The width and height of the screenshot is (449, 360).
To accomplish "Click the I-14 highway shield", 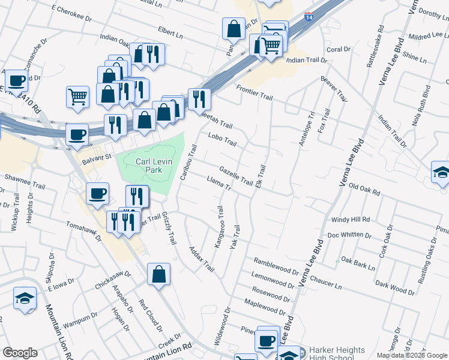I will click(309, 17).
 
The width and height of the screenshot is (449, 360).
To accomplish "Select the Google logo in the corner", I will click(20, 353).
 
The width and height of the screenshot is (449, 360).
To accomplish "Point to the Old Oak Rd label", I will click(365, 190).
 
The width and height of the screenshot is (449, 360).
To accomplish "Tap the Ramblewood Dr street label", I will click(276, 265).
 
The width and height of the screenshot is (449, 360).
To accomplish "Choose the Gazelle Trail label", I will click(236, 176).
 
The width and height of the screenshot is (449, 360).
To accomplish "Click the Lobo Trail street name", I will click(222, 142).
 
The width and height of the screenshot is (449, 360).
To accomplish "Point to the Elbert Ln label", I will click(170, 32).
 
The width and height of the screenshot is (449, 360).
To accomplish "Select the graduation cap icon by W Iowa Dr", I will click(25, 298).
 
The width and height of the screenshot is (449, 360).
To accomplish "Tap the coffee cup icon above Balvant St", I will click(77, 134).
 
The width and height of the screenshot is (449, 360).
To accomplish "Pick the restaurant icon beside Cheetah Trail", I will click(199, 98).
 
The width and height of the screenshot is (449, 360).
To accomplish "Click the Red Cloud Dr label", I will click(151, 315).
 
